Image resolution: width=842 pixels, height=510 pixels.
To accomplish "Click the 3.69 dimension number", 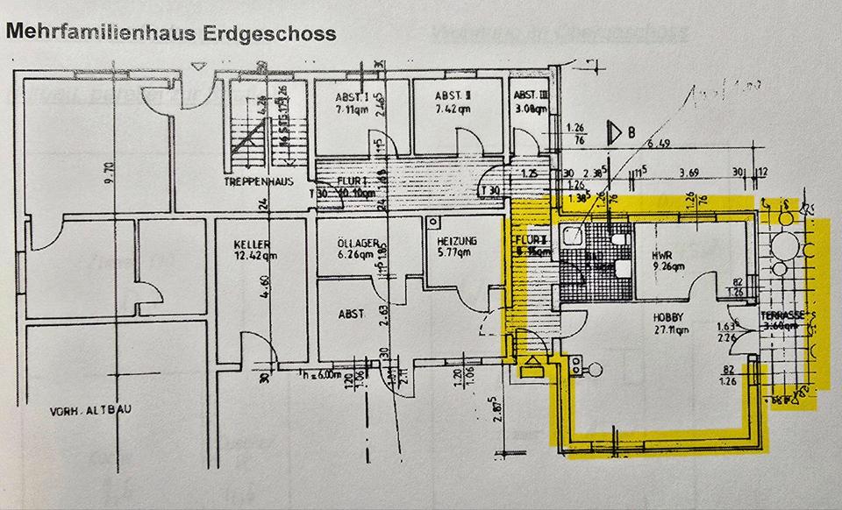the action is click(x=690, y=172).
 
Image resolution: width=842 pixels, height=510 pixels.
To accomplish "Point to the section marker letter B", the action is click(x=630, y=134).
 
